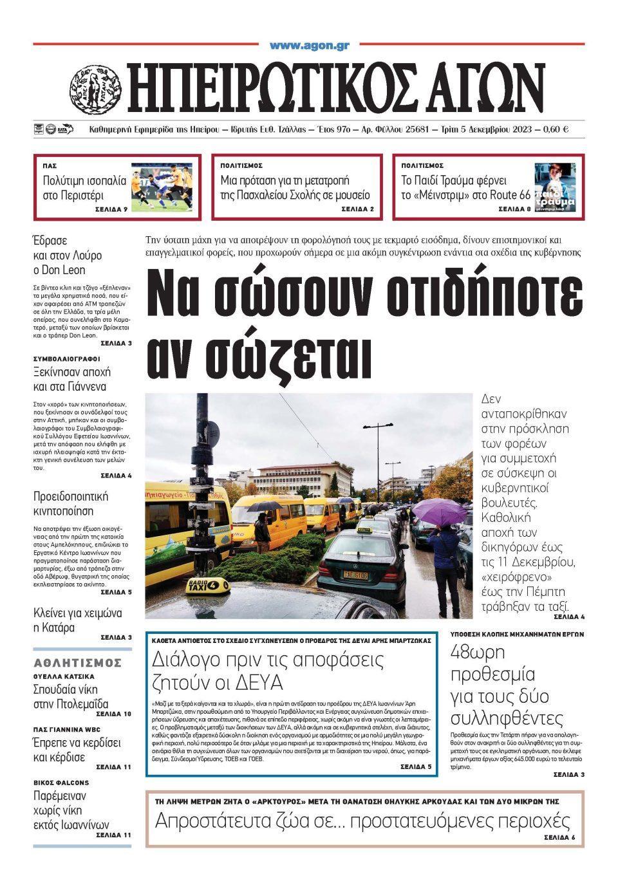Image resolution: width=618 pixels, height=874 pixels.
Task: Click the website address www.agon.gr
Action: point(309,45)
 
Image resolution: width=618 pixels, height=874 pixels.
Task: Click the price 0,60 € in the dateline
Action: point(556,129)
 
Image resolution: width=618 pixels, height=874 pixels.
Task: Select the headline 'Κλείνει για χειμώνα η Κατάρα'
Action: point(77,620)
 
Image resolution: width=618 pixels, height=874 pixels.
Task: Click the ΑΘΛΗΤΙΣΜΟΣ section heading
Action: point(78,662)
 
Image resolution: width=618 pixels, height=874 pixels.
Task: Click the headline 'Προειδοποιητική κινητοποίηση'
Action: point(71,504)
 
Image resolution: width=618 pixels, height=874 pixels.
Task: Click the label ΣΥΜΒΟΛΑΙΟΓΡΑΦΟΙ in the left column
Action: point(67,358)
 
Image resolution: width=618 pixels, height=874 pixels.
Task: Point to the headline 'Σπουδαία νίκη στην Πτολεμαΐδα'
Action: point(71,696)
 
